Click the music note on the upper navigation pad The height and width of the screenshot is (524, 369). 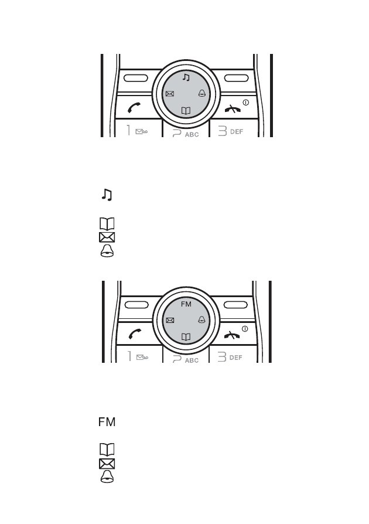coord(186,77)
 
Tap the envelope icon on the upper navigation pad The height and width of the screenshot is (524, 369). coord(170,94)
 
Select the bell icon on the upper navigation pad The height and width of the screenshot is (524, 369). coord(202,93)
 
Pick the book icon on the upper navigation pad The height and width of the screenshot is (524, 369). coord(186,111)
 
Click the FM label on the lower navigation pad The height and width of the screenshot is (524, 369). coord(186,304)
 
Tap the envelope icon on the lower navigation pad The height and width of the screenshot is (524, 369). coord(170,321)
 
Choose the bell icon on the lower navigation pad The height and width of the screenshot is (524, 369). coord(201,320)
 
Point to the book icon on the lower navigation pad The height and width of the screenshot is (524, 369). coord(186,337)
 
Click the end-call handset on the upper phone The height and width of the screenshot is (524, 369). coord(233,108)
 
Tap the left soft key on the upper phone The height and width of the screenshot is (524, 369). coord(136,78)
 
